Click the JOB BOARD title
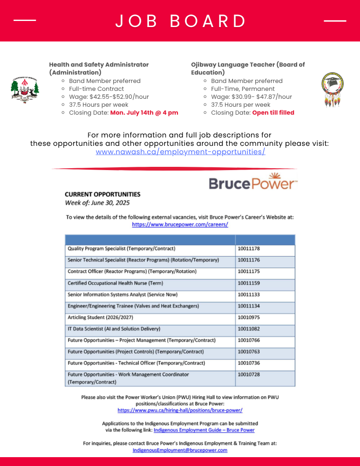point(180,21)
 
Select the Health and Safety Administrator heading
point(99,69)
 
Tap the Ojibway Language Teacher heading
point(248,69)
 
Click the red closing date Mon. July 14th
point(144,113)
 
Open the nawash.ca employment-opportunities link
point(180,152)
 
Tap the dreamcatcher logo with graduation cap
point(333,90)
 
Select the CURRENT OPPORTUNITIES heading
point(102,194)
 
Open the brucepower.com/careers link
point(180,224)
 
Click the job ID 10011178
point(249,249)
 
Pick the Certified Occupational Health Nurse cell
point(115,283)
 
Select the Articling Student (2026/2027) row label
point(101,317)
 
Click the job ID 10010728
point(249,375)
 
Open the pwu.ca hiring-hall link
point(180,411)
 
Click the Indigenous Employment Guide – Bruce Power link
point(204,430)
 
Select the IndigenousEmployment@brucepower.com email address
point(180,450)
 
